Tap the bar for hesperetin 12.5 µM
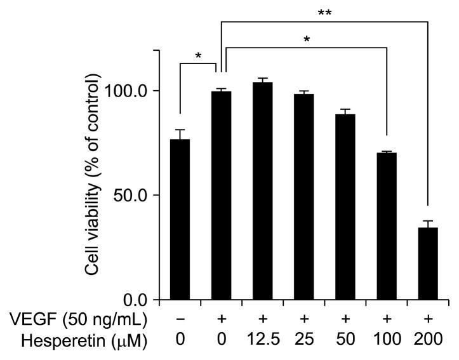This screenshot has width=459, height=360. point(262,190)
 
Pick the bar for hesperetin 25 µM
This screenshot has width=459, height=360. point(303,196)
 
